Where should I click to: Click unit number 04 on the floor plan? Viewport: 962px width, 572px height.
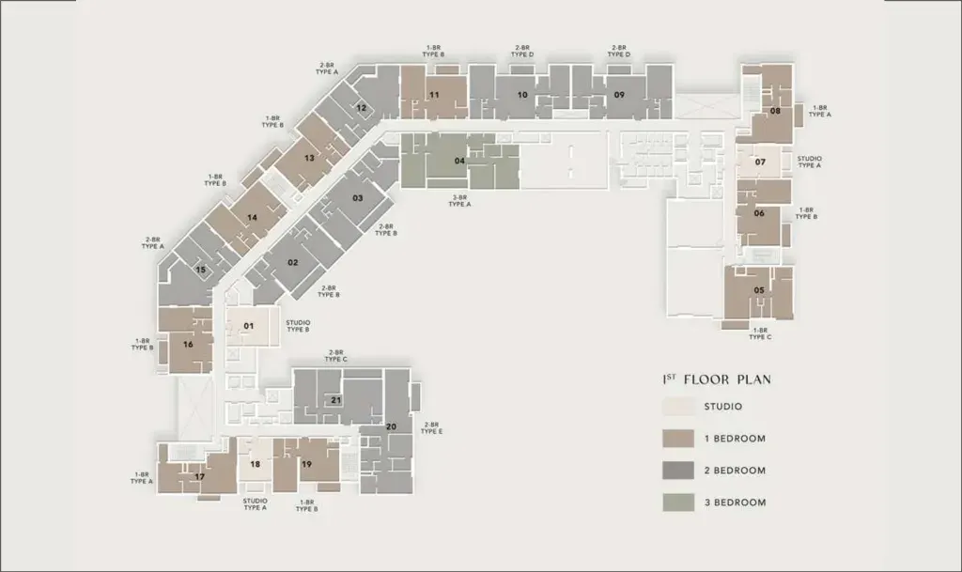[x=459, y=162]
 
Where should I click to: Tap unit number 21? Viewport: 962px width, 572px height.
[x=335, y=400]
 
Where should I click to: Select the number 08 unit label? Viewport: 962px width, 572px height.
[x=775, y=111]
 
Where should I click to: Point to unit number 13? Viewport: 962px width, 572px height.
[x=309, y=158]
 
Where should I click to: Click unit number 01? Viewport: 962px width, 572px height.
[x=248, y=326]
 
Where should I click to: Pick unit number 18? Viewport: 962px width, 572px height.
[x=256, y=464]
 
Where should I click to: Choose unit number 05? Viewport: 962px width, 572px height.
[x=759, y=290]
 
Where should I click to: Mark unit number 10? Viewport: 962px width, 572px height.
[x=522, y=95]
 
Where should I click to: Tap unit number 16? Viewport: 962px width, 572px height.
[x=188, y=345]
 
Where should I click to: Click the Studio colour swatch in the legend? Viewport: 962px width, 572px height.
[x=678, y=407]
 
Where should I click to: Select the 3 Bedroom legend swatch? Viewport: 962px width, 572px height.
[x=678, y=502]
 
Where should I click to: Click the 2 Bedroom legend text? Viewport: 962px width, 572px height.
[x=735, y=471]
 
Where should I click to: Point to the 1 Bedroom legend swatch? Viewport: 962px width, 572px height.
[x=678, y=439]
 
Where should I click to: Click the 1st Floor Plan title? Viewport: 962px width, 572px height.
[x=717, y=379]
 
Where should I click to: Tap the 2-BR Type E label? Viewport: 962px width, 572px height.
[x=431, y=428]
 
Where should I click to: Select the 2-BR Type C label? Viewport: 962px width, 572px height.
[x=336, y=356]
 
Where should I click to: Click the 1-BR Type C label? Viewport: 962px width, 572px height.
[x=760, y=333]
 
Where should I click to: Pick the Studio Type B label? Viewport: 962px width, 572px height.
[x=298, y=326]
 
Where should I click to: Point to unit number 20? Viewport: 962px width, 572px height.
[x=391, y=426]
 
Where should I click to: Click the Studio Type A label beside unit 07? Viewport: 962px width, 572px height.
[x=809, y=162]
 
